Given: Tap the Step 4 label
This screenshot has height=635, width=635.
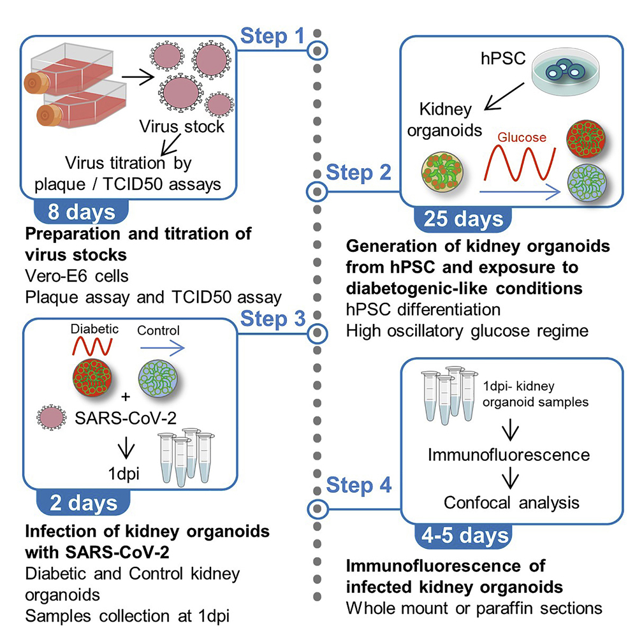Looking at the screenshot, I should pyautogui.click(x=358, y=486).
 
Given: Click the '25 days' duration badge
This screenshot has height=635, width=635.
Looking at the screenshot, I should pyautogui.click(x=463, y=220).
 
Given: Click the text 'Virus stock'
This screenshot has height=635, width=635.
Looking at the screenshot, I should pyautogui.click(x=182, y=126).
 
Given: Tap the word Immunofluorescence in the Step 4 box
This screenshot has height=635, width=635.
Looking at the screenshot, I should pyautogui.click(x=509, y=455).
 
